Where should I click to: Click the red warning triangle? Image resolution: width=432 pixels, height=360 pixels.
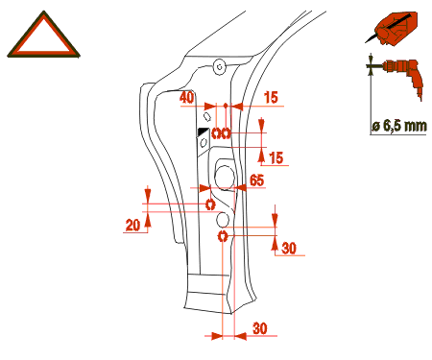pos(43,51)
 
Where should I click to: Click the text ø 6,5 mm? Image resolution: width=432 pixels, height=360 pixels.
pos(399,126)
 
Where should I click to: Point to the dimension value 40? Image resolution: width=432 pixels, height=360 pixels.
pos(186,98)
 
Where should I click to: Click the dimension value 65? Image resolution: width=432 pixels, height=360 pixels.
pos(256,180)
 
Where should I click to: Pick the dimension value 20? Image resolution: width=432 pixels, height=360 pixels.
pos(132,225)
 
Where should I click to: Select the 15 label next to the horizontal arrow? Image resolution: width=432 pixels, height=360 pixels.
pos(271,98)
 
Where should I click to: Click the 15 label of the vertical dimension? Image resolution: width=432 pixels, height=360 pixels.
pos(276,158)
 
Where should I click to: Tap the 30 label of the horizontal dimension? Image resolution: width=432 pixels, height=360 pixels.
pos(259,328)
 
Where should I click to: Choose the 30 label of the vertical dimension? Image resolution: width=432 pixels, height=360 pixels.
pos(289,249)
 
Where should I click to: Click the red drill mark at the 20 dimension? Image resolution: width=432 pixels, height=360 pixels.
pos(210,204)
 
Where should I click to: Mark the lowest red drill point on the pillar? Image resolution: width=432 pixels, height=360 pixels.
pos(223,236)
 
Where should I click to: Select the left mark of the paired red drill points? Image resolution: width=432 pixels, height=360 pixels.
pos(216,132)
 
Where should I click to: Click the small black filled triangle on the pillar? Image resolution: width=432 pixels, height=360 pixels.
pos(203,131)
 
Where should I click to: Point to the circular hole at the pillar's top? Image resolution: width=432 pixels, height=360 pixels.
pos(220,67)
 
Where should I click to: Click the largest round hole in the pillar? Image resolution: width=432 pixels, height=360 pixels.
pos(225,177)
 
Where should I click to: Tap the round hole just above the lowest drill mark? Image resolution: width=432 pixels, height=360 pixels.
pos(223,219)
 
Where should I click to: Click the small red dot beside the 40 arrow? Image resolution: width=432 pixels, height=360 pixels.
pos(226,105)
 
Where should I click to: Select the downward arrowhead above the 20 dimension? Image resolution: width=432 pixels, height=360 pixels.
pos(147,194)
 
